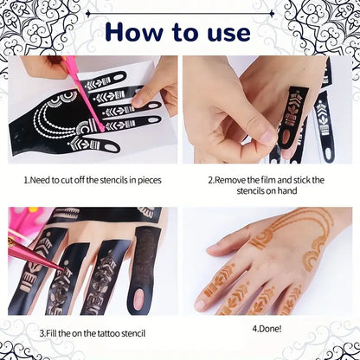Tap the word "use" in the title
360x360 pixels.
click(228, 34)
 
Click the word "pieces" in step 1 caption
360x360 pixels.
click(150, 181)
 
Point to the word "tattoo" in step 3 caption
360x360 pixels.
click(108, 333)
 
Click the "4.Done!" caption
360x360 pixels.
click(267, 329)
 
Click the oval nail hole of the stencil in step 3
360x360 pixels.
click(138, 299)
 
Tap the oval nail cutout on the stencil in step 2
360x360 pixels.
click(286, 138)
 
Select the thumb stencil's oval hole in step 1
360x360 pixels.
click(112, 148)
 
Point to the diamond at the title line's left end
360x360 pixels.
click(88, 13)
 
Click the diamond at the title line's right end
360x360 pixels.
click(272, 13)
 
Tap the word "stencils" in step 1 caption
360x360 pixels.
click(113, 180)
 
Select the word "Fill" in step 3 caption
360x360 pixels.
click(51, 333)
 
